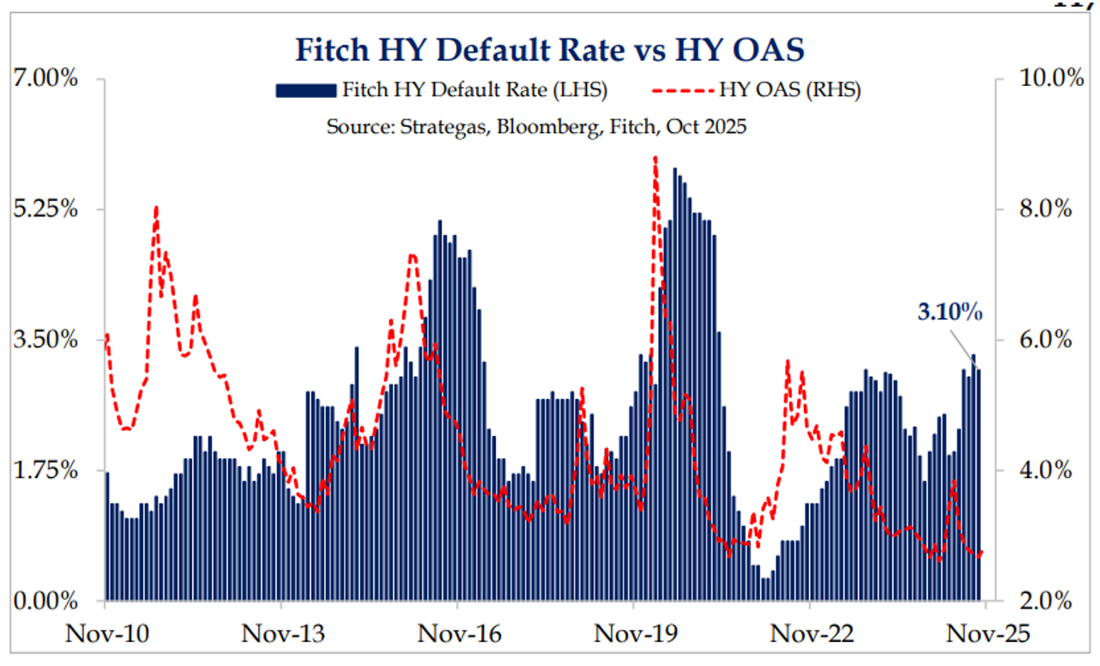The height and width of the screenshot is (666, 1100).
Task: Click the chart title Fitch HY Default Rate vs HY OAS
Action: coord(550,50)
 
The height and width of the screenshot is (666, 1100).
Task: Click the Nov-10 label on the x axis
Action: coord(106,634)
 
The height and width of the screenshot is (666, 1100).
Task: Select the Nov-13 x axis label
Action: coord(282,634)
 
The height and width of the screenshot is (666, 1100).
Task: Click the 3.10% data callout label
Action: coord(950,312)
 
